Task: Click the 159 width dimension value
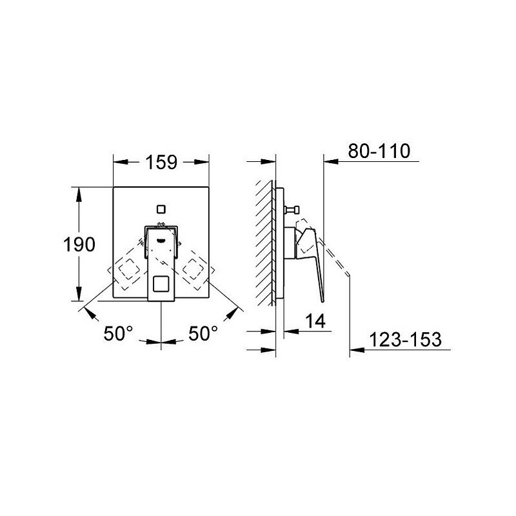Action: pos(161,163)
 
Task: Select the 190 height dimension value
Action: pos(79,244)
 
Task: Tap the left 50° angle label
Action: pos(119,333)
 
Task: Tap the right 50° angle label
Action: pos(203,333)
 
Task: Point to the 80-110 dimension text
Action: pos(379,152)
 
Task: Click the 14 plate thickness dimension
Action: pos(315,319)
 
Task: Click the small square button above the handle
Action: pos(161,208)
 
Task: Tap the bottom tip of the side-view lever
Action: pos(321,298)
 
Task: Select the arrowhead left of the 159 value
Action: pos(119,163)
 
